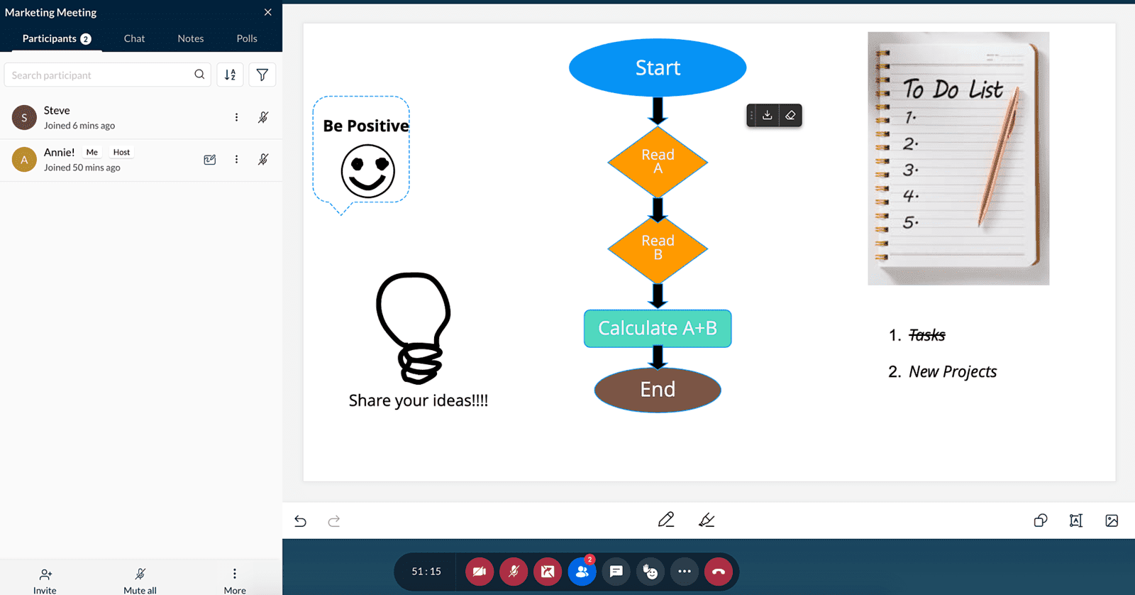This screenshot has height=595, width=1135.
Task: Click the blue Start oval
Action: pos(657,67)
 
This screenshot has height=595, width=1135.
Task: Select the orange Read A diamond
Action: pos(658,162)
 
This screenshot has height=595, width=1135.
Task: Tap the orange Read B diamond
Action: pos(658,248)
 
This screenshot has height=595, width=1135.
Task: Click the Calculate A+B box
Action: pos(657,328)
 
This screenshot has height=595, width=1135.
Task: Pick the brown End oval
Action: pos(657,390)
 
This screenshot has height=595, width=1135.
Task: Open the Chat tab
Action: pos(134,38)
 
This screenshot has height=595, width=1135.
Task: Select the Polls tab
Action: pos(247,38)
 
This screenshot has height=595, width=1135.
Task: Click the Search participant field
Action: pos(101,75)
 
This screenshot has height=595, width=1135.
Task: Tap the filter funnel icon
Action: pos(262,75)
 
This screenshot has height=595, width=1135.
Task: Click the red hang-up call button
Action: pos(718,572)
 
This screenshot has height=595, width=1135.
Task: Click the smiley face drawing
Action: pos(367,171)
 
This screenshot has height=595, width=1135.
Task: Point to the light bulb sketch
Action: pos(414,328)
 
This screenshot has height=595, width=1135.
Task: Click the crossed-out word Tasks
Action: pos(926,335)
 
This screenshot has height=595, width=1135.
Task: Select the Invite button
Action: pos(45,581)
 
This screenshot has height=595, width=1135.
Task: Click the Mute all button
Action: pos(140,581)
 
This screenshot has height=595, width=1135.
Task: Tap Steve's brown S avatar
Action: pos(24,118)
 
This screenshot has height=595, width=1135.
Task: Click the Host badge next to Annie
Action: pos(121,152)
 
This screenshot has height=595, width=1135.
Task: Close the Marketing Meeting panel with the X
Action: pos(268,12)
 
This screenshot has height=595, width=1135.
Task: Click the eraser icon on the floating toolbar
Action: pos(790,116)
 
